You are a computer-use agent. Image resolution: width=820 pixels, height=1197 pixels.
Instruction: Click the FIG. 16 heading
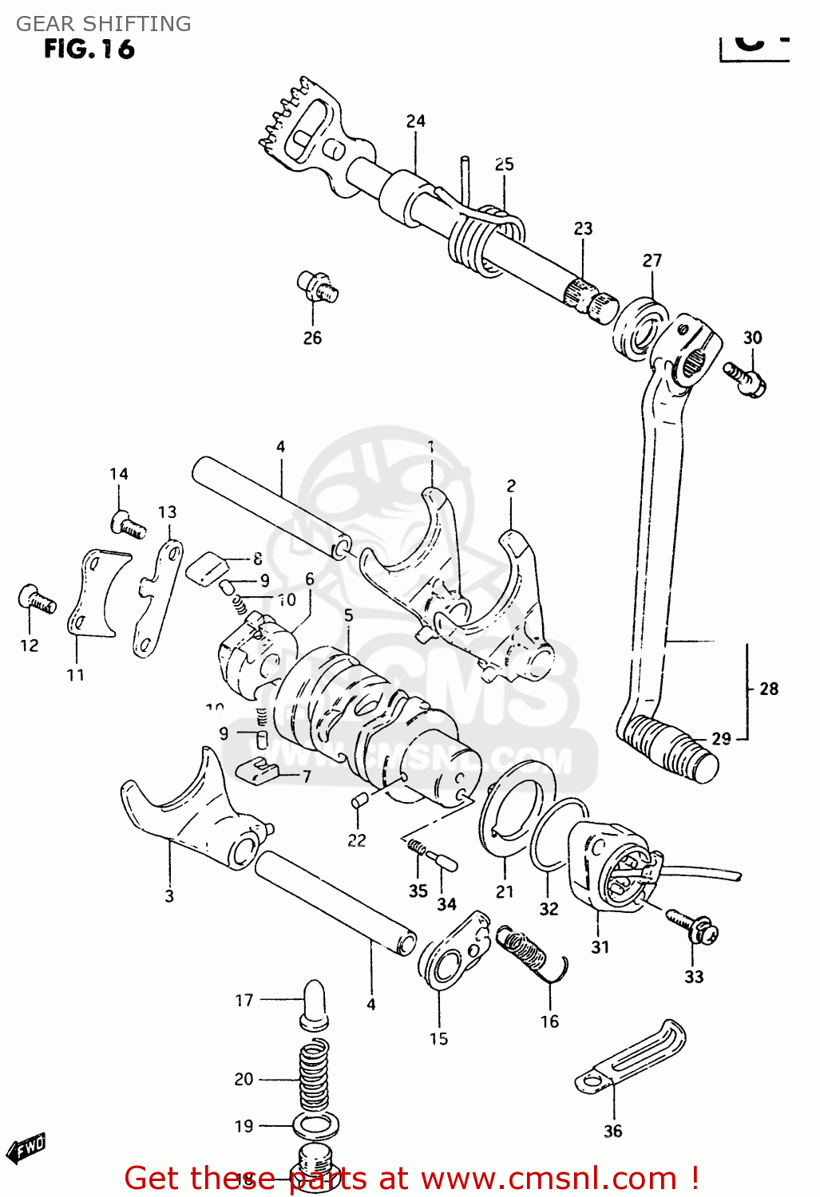point(89,49)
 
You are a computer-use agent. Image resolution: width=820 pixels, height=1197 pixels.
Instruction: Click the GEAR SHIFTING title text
point(104,24)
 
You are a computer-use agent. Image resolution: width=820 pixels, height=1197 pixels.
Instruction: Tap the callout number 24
point(415,121)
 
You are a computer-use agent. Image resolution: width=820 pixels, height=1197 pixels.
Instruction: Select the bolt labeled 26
point(317,286)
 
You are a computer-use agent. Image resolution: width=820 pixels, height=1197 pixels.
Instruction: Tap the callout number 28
point(769,689)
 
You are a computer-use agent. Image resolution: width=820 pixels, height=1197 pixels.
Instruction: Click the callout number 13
point(167,512)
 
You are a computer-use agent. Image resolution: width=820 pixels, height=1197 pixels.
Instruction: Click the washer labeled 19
point(315,1126)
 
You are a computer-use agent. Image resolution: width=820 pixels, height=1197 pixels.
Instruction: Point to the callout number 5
point(348,615)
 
